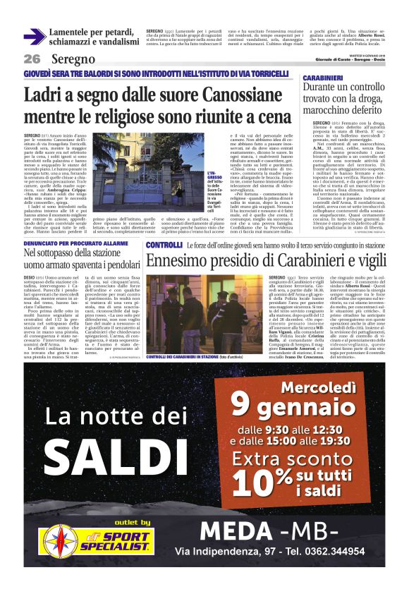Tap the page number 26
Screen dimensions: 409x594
32,59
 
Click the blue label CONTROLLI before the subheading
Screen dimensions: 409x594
164,244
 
